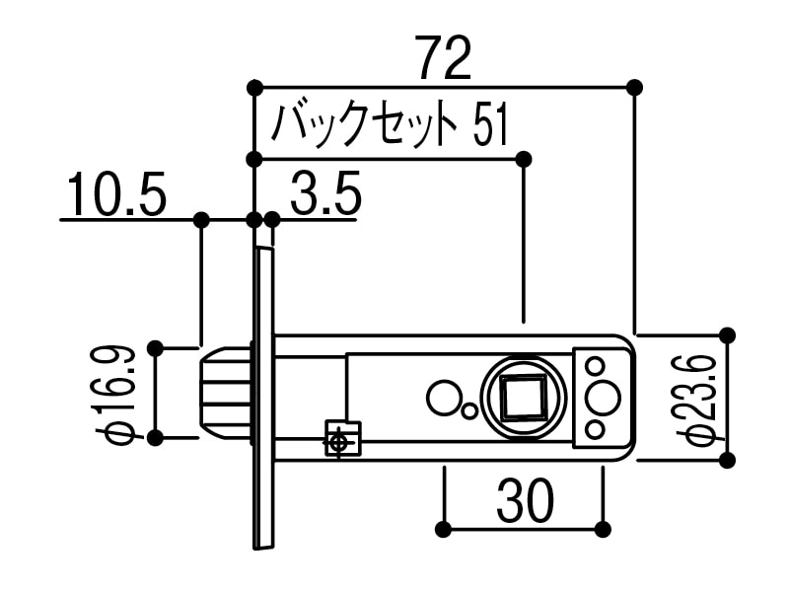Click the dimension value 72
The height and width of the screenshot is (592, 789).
(x=443, y=58)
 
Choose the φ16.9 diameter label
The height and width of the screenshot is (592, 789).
(x=117, y=394)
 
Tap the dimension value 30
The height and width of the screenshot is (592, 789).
(x=524, y=502)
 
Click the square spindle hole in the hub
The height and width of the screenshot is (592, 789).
(x=523, y=398)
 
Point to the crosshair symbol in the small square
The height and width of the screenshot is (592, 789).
(x=338, y=440)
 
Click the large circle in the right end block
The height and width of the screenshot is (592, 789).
(x=602, y=398)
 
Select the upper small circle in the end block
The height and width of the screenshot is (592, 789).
(x=595, y=366)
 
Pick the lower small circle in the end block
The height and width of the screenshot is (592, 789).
(x=595, y=429)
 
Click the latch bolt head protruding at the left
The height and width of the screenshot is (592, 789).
(x=224, y=393)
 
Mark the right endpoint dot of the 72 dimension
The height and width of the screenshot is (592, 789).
(x=634, y=87)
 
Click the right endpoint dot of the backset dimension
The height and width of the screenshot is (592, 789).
(x=524, y=159)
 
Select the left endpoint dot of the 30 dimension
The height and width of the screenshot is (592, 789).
(x=444, y=530)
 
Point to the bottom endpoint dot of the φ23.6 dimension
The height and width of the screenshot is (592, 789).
(x=727, y=460)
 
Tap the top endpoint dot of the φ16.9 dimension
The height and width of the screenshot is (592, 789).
(x=155, y=347)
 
